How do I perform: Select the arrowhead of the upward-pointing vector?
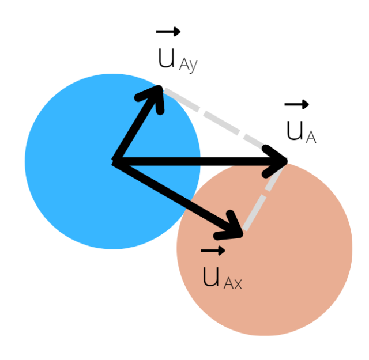155,95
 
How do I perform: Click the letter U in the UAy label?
166,58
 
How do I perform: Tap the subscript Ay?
188,65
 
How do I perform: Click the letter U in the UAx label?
211,277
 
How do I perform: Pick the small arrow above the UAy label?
168,32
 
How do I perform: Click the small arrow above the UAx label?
213,251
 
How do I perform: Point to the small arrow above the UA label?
296,104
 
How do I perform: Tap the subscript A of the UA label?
310,137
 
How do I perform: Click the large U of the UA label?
295,131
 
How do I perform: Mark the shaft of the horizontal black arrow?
196,161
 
